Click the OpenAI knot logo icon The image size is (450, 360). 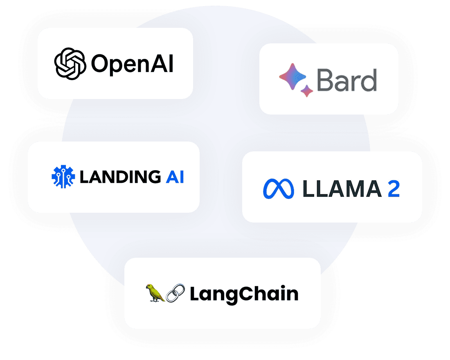point(70,63)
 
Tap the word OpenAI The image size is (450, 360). point(132,64)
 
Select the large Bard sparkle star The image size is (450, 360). point(292,77)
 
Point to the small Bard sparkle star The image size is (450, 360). point(307,91)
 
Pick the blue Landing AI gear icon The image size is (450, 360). point(63,177)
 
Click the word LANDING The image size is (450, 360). point(120,177)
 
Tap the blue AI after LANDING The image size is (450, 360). point(175,177)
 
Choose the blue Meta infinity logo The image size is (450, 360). point(279,189)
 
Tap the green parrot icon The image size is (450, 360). point(155,293)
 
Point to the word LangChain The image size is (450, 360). point(244,294)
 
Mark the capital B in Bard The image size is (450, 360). point(325,81)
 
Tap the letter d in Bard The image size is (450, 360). point(369,80)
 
